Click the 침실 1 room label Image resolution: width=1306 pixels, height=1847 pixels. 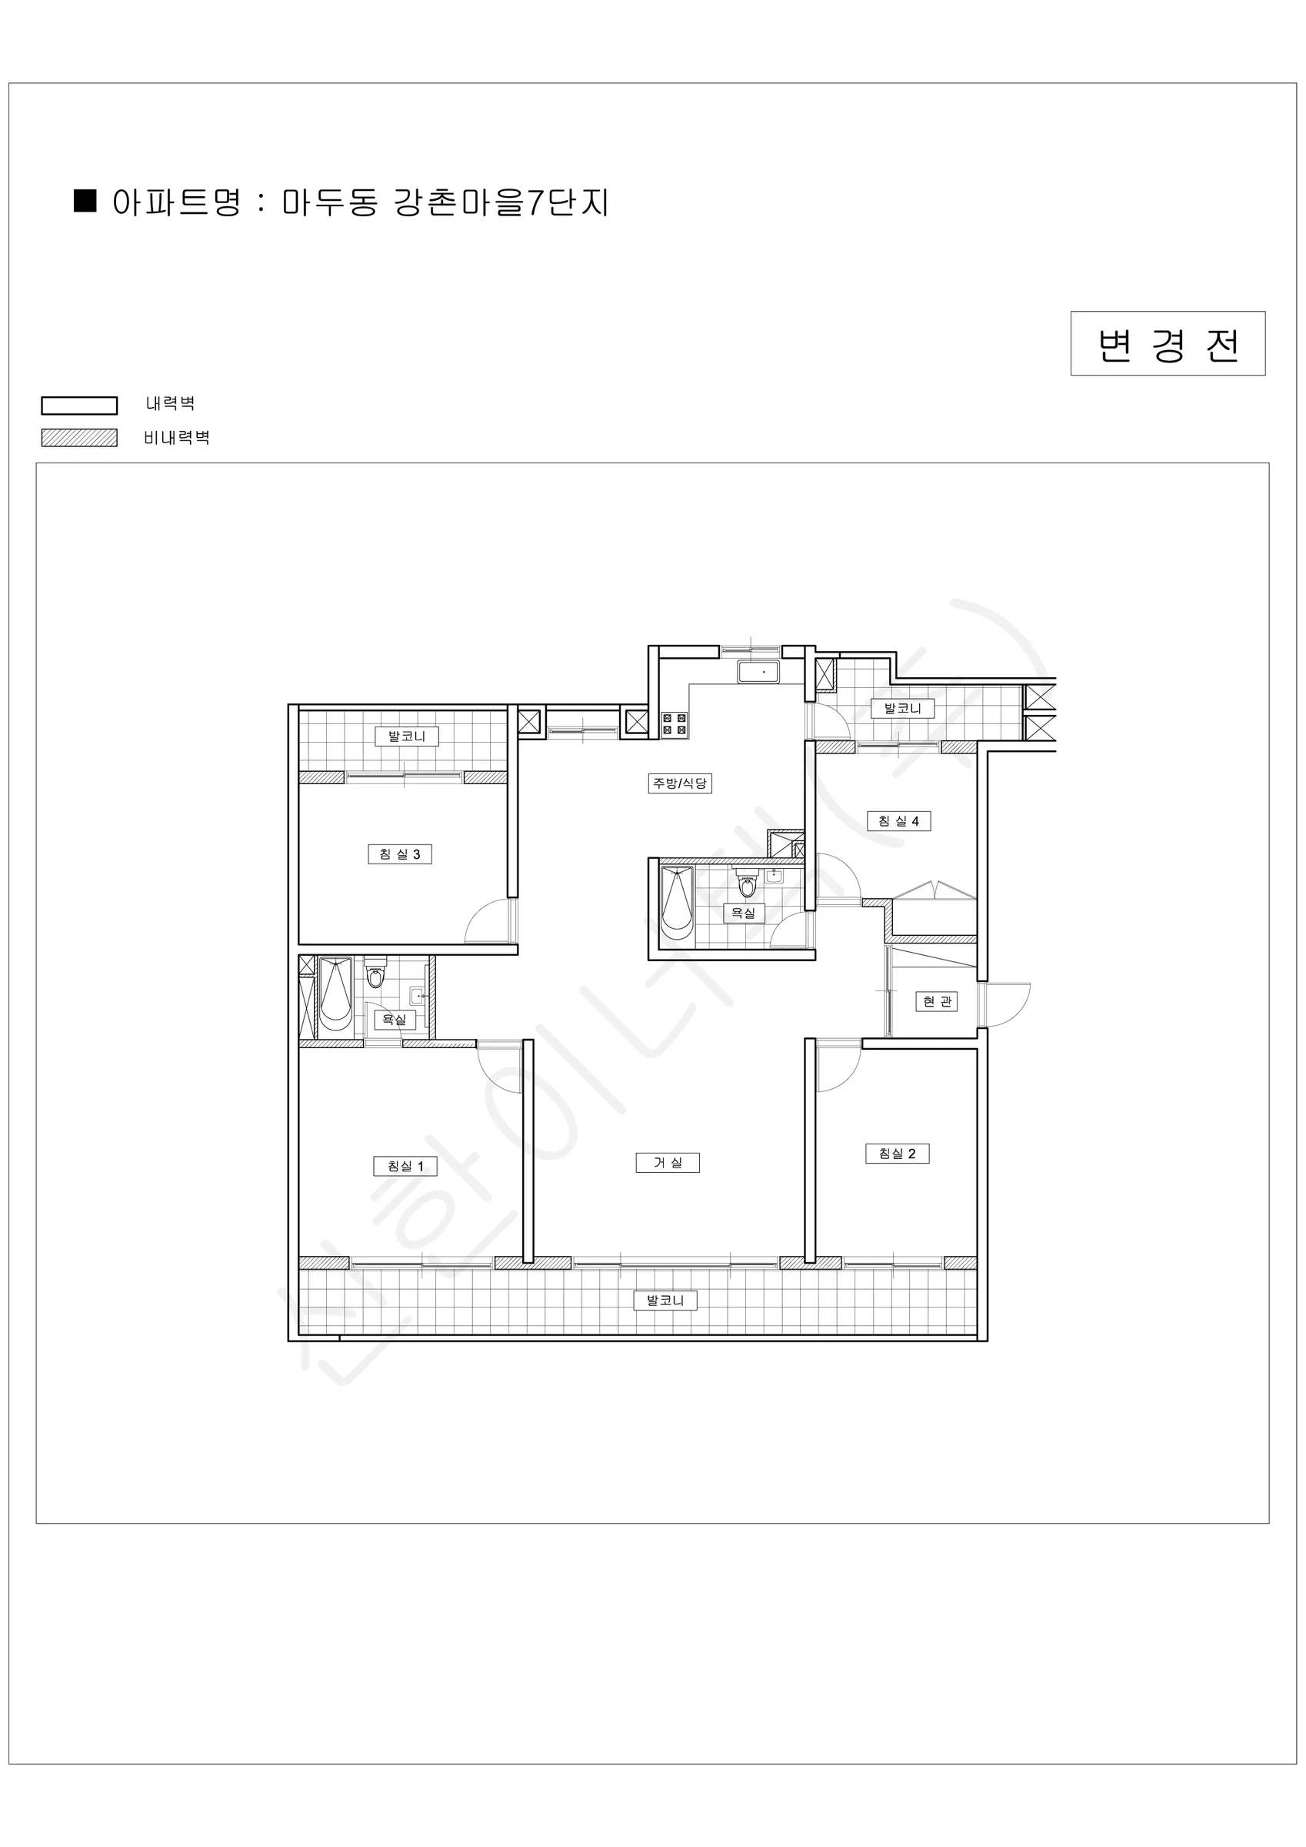click(x=405, y=1166)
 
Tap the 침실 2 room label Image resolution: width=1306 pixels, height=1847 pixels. click(x=898, y=1153)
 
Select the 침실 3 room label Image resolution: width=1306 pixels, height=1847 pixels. click(x=400, y=853)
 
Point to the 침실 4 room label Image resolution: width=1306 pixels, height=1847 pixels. click(x=898, y=820)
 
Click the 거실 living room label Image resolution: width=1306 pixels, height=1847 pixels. click(x=668, y=1162)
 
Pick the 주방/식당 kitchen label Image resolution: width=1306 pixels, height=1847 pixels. click(x=681, y=783)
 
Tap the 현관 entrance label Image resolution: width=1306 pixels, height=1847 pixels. click(x=937, y=1000)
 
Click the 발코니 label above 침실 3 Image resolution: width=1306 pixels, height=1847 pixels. click(x=407, y=735)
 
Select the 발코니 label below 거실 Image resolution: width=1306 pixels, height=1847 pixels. click(x=666, y=1300)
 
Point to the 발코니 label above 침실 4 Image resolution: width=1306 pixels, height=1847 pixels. click(x=903, y=708)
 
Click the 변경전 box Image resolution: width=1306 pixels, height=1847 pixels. click(x=1168, y=343)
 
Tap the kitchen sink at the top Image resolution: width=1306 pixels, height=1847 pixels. click(x=758, y=672)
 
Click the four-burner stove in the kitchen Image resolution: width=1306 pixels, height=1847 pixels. click(x=674, y=724)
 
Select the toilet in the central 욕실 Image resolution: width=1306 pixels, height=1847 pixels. click(x=747, y=883)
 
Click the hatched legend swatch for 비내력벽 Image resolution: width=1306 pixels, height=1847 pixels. click(x=80, y=438)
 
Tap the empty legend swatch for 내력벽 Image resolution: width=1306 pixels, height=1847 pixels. click(x=80, y=406)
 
